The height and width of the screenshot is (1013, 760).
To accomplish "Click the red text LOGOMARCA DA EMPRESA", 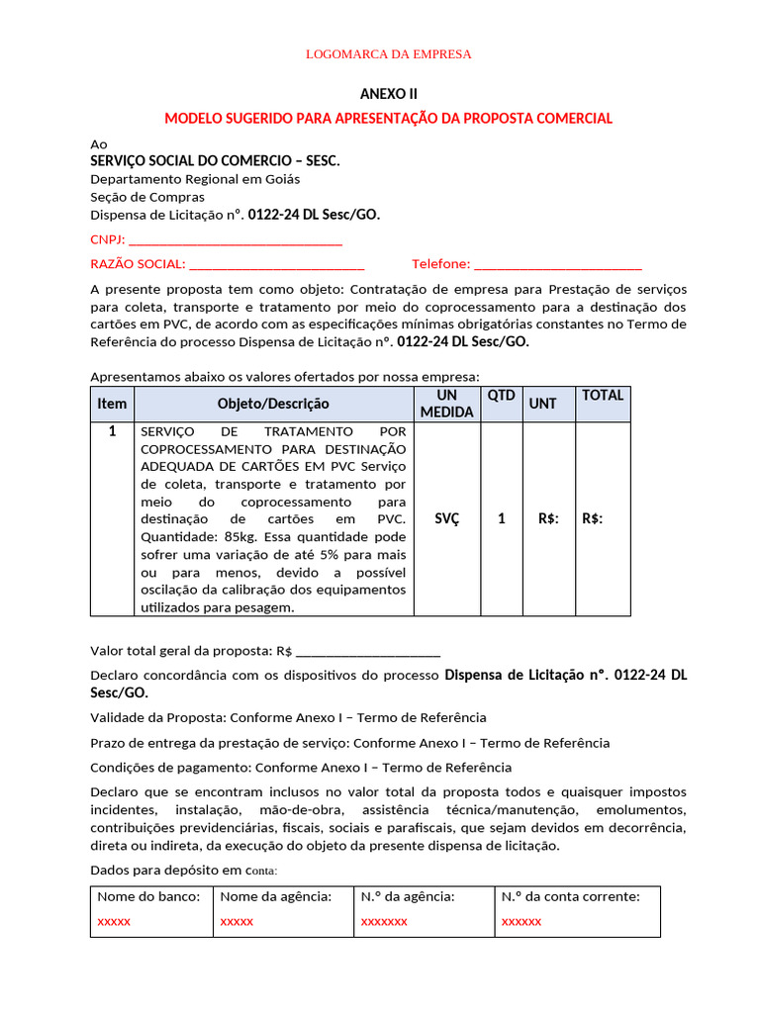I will click(x=388, y=53).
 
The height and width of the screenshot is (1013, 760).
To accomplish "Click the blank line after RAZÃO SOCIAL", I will click(x=276, y=264).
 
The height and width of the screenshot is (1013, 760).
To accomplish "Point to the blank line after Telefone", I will click(x=558, y=264).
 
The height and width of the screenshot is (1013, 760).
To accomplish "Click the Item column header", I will click(x=112, y=404).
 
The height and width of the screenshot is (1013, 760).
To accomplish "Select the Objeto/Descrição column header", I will click(x=273, y=404).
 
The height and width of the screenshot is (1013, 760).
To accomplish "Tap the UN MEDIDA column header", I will click(x=446, y=404).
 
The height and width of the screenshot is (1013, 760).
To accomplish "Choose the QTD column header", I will click(x=502, y=395).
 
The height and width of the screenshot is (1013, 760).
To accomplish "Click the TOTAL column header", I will click(x=603, y=395).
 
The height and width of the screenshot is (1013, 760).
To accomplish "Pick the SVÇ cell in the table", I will click(x=446, y=518).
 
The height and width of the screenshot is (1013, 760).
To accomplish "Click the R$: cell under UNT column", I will click(x=548, y=518).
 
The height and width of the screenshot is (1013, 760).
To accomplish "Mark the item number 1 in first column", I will click(x=112, y=431).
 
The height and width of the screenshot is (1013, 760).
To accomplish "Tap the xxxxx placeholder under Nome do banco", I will click(x=114, y=921).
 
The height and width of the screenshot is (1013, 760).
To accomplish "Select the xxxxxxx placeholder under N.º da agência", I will click(x=384, y=921).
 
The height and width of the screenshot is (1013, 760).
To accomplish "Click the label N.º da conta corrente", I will click(x=570, y=896).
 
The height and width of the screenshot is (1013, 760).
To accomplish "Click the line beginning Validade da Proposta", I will click(x=288, y=717).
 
